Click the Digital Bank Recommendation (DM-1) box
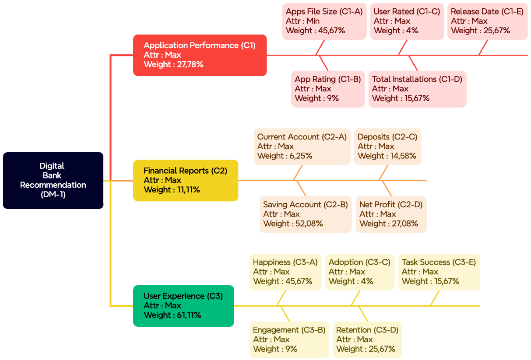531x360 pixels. pos(53,180)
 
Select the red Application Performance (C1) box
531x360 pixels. pos(200,55)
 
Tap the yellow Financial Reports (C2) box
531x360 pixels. pos(185,180)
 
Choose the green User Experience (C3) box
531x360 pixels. pos(183,306)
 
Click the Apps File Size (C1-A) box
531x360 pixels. pos(324,21)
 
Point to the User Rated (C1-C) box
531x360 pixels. pos(407,21)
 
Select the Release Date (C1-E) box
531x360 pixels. pos(487,21)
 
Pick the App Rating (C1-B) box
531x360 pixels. pos(327,89)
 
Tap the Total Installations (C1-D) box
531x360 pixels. pos(417,89)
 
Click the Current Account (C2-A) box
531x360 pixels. pos(302,147)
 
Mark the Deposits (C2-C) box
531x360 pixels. pos(387,147)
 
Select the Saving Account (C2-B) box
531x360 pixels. pos(305,214)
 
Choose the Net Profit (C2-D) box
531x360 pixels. pos(391,214)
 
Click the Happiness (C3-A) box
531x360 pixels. pos(285,272)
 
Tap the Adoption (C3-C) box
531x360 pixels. pos(359,272)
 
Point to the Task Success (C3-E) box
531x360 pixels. pos(439,272)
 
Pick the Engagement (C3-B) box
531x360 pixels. pos(289,339)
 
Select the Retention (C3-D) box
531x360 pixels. pos(367,339)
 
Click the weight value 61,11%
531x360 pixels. pos(186,315)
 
